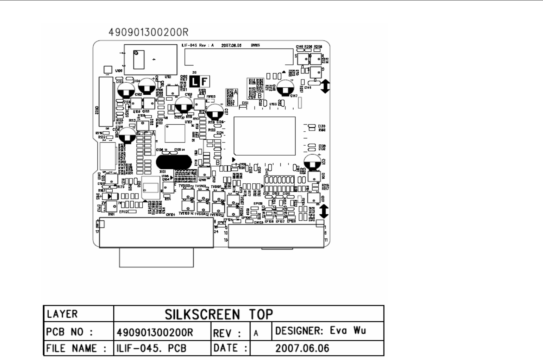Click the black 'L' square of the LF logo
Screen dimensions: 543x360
[195, 82]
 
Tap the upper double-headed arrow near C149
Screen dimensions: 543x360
[325, 86]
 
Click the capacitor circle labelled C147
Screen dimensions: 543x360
[286, 87]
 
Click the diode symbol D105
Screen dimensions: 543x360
[112, 196]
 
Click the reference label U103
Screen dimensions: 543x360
[273, 104]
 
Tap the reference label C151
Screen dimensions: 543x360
[245, 103]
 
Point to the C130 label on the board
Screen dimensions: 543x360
[322, 126]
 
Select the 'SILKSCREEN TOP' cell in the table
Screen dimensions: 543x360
[219, 314]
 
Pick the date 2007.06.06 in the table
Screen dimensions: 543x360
[302, 348]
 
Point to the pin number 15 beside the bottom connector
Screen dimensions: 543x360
[226, 240]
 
